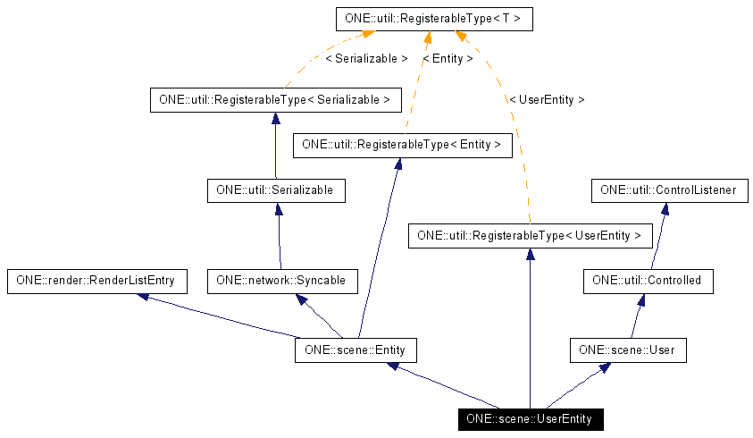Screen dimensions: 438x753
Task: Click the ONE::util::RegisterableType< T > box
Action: pos(434,18)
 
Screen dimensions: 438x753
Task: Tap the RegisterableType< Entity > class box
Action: pos(402,144)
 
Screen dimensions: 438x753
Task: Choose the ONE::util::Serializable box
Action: pos(275,190)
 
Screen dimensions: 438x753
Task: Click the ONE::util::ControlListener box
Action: pos(669,190)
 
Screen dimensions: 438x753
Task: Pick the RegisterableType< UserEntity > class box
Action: pos(530,236)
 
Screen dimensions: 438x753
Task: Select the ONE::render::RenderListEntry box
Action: pos(96,281)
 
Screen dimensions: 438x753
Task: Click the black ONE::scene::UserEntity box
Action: pos(531,418)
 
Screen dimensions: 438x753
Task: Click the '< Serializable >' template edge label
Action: pos(366,58)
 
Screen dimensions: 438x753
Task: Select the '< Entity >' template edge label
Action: pos(448,58)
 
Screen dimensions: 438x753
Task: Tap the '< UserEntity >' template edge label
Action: pos(547,100)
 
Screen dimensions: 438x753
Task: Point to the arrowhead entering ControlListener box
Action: pos(664,209)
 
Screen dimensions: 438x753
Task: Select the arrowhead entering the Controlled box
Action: pos(640,299)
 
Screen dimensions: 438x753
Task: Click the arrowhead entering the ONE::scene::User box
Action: pos(605,367)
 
